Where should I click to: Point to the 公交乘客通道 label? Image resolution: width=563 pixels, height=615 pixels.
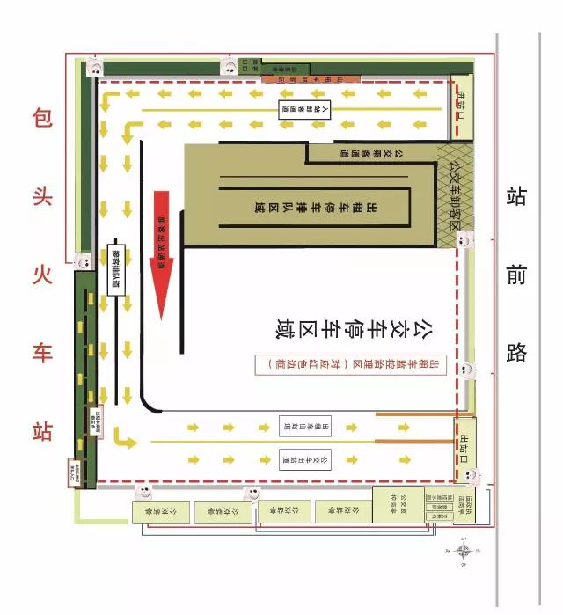pos(369,152)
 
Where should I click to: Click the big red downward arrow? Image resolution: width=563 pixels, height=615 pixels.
pos(164,255)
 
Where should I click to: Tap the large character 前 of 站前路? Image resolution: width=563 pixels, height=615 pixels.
pos(516,275)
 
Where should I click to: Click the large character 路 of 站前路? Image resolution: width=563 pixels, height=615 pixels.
pos(516,353)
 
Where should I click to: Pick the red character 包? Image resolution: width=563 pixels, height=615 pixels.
pos(42,118)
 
